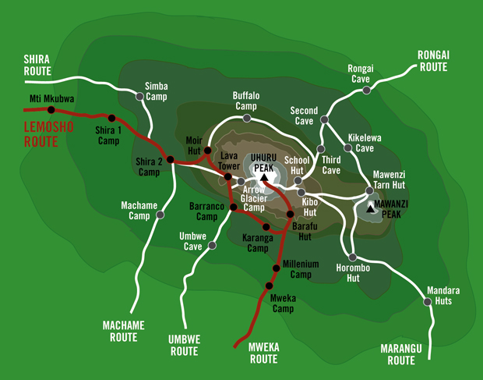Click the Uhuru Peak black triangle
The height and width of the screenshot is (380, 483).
pos(264,179)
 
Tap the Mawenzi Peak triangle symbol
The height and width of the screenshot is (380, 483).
pos(369,209)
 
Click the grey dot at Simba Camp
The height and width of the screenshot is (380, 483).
pos(140,97)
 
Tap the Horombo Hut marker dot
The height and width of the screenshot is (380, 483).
pos(352,257)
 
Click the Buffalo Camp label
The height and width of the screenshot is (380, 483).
pos(245,101)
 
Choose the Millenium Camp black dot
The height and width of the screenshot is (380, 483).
pos(275,267)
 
